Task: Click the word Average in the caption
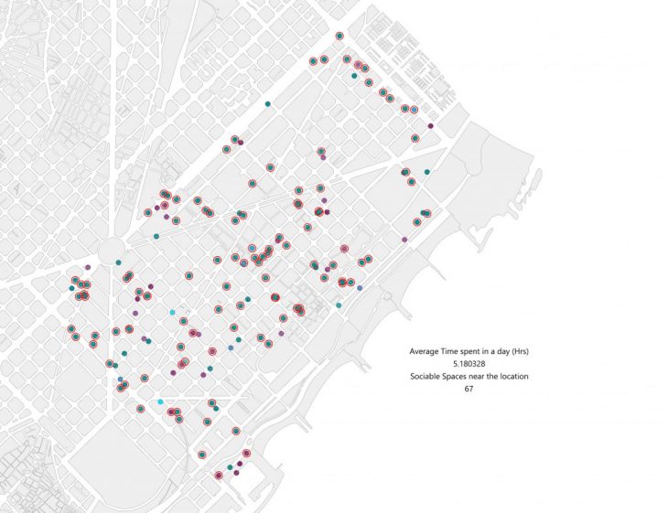(424, 351)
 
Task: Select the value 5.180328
(468, 364)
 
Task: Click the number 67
(468, 390)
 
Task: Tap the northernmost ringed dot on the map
(339, 37)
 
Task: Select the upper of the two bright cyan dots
(172, 313)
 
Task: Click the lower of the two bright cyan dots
(160, 402)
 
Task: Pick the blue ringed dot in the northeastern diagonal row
(415, 110)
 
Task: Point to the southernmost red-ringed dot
(218, 476)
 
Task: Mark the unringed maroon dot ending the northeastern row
(430, 125)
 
